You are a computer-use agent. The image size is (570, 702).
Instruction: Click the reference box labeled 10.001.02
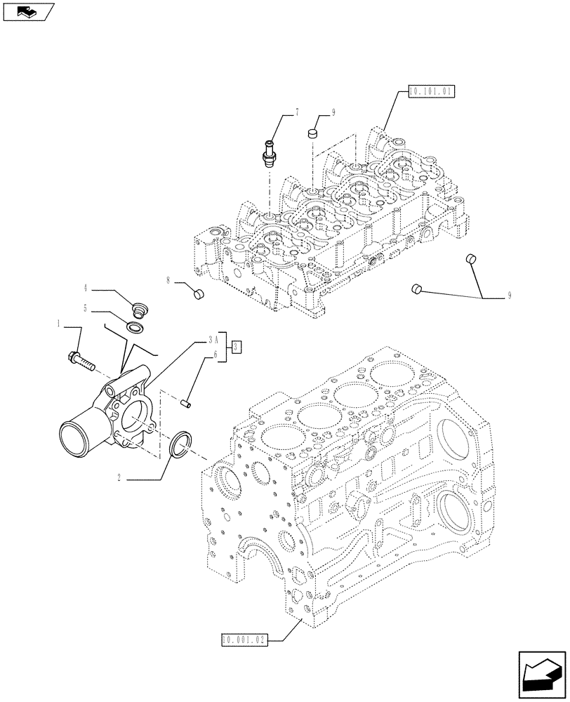tap(243, 639)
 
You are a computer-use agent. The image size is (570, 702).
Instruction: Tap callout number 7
tap(296, 112)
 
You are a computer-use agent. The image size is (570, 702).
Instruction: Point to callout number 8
tap(168, 281)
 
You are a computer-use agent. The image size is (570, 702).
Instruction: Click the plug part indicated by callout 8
tap(199, 293)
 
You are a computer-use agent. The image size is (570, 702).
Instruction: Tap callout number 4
tap(85, 288)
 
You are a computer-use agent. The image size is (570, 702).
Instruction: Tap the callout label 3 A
tap(212, 339)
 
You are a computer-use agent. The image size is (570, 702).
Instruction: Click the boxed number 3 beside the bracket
tap(237, 345)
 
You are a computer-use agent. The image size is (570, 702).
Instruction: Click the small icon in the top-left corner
tap(27, 11)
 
